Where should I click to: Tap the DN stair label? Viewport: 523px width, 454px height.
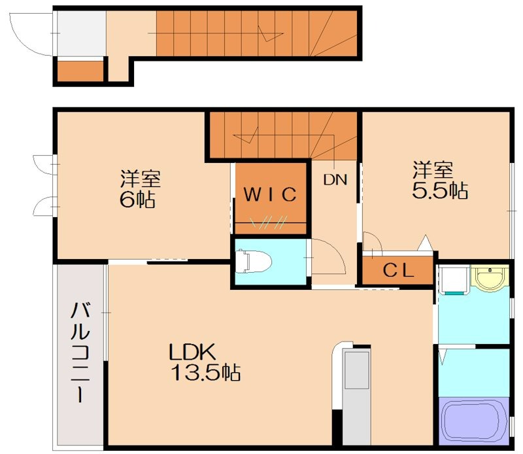335,179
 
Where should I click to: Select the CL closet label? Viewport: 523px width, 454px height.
398,270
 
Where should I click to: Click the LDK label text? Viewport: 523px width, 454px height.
192,352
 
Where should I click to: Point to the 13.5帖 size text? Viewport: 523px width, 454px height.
205,374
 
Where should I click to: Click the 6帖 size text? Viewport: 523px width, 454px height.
137,200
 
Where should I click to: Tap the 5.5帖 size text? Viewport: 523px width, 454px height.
439,190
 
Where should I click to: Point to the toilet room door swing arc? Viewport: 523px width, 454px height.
331,258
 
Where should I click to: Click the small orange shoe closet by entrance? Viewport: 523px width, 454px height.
80,71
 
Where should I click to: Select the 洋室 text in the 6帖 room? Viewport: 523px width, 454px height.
140,178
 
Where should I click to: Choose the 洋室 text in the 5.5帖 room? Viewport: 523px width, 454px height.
432,170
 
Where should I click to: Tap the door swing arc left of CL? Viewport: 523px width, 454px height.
373,242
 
